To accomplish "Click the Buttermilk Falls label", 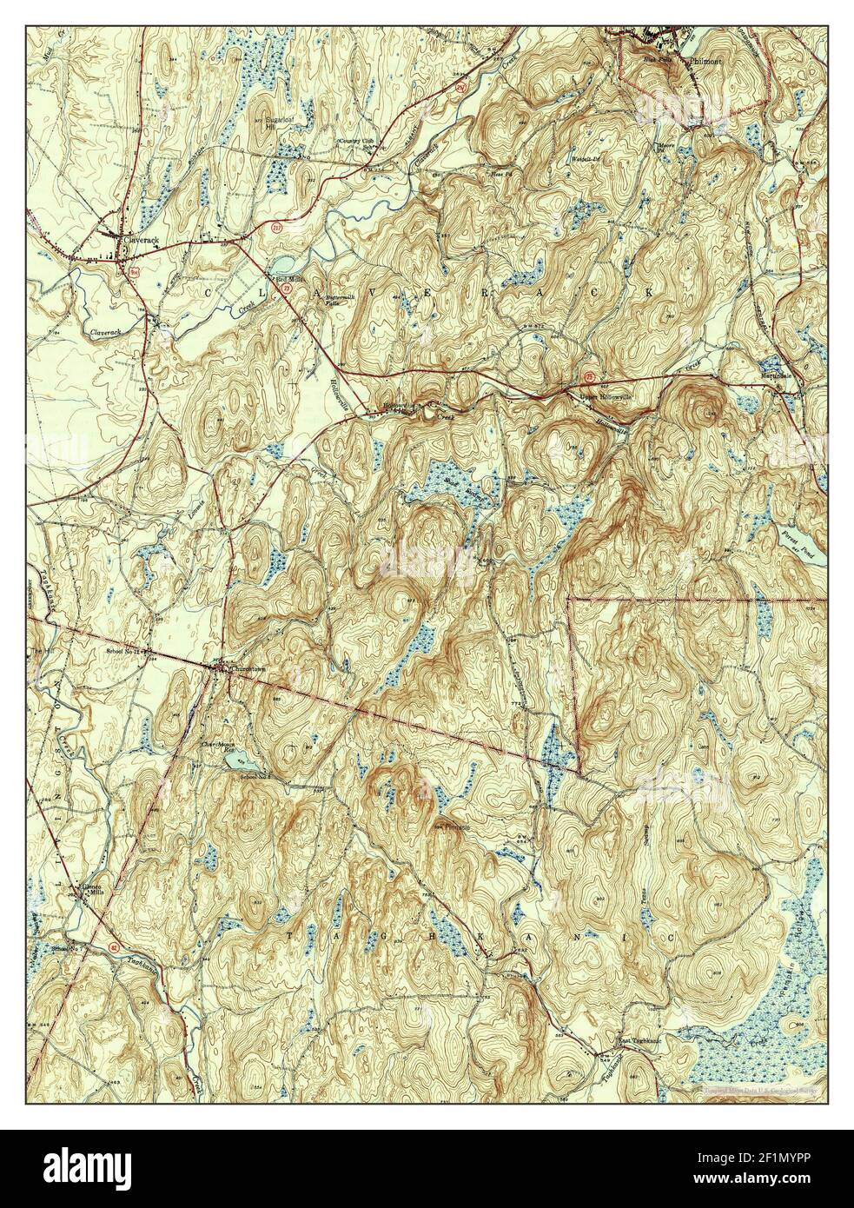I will click(x=337, y=299).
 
